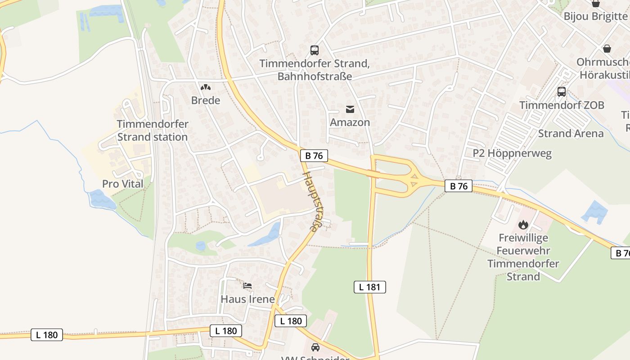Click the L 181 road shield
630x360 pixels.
(x=370, y=287)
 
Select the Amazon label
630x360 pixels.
(x=350, y=122)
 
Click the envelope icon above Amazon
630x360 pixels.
(x=350, y=109)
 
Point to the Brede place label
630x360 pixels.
(x=206, y=100)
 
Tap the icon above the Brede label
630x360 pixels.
(x=206, y=87)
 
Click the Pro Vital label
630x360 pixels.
(x=122, y=184)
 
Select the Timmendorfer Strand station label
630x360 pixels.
(x=153, y=130)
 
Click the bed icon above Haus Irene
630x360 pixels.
(x=247, y=285)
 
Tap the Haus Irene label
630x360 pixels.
(x=247, y=299)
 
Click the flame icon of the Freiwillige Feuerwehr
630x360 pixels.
(x=523, y=224)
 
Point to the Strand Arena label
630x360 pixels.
(x=571, y=134)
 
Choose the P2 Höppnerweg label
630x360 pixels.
(x=512, y=153)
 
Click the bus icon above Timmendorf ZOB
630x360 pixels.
(x=562, y=92)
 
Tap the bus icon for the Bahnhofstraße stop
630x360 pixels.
(x=315, y=50)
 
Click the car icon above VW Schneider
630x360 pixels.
(x=315, y=347)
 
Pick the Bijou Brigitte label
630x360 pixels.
(x=595, y=17)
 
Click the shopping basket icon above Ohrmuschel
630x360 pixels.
(x=607, y=49)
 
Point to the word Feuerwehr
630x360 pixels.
(x=523, y=251)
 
